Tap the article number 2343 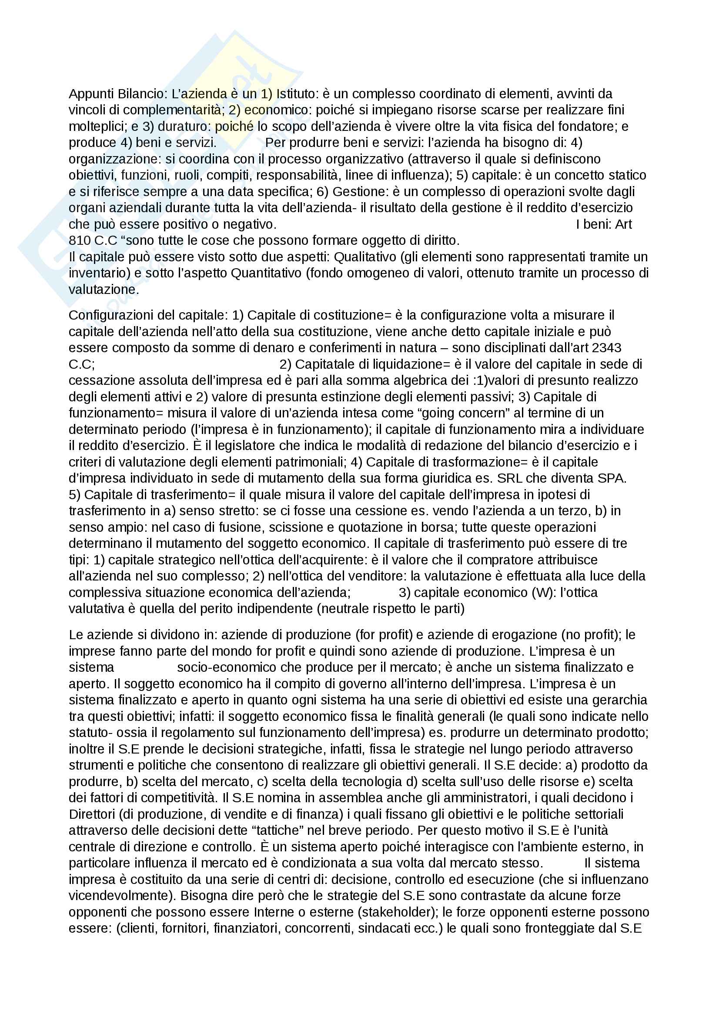coord(606,348)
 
